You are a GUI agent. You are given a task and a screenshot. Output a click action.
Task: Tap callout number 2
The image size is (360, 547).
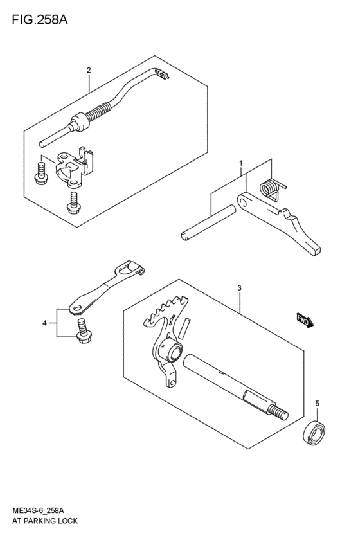(x=89, y=70)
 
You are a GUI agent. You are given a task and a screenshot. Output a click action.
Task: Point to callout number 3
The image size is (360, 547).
(x=239, y=289)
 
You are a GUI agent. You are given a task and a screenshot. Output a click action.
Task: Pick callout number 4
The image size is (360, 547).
(x=44, y=323)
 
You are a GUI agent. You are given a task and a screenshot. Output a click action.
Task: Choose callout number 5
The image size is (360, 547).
(x=316, y=403)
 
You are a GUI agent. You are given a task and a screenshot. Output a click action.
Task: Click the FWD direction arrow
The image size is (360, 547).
(x=305, y=320)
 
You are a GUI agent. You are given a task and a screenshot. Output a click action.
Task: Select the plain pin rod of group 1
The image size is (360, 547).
(x=205, y=222)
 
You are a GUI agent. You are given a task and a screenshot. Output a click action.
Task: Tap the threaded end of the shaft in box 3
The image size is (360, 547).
(x=280, y=410)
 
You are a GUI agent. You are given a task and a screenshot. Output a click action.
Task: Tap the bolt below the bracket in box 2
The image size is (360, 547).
(x=73, y=202)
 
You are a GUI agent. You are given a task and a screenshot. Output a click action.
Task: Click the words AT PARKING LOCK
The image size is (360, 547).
(x=44, y=521)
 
